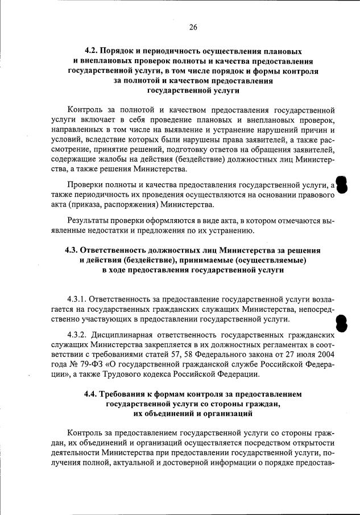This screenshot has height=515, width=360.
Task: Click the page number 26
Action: tap(193, 27)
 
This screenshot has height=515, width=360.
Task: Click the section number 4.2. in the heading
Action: tap(92, 52)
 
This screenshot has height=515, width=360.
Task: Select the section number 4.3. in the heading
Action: tap(73, 250)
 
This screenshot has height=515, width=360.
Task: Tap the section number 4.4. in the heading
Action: tap(92, 394)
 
